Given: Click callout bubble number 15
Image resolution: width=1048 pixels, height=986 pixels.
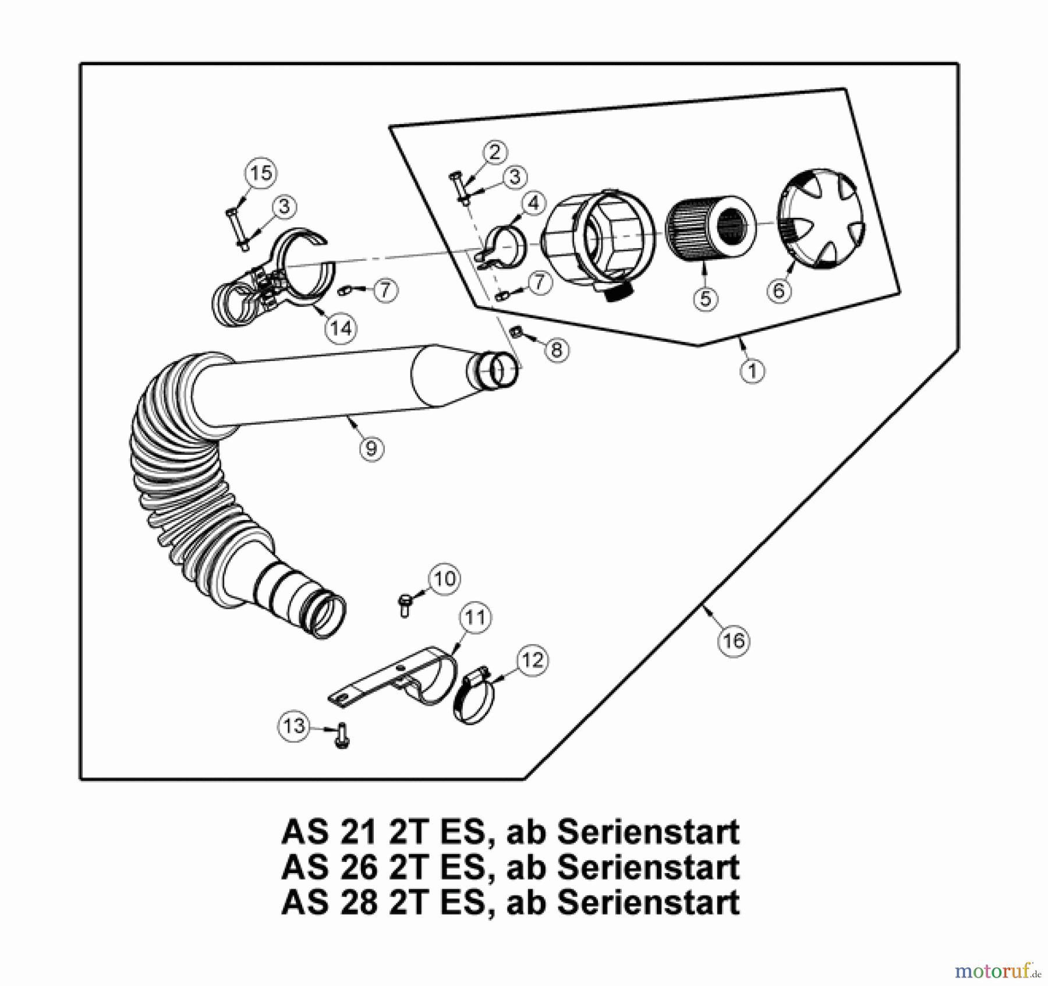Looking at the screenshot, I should [260, 173].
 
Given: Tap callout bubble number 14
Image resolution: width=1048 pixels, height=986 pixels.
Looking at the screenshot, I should [341, 328].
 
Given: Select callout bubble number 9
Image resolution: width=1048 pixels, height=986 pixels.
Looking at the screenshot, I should [371, 448].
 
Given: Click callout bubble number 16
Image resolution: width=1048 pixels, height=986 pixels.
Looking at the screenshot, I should [733, 641].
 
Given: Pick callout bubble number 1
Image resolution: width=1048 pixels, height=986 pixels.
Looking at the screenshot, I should [752, 371].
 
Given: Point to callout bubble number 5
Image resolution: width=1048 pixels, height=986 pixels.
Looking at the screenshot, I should [705, 299].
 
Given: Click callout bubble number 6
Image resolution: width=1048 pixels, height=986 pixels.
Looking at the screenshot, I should [779, 289].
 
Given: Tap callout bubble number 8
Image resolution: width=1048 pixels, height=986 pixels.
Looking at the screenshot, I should [557, 350].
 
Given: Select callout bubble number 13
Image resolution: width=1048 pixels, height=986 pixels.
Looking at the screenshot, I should [293, 726].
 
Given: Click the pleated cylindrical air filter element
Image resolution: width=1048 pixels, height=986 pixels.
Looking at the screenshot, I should [709, 228].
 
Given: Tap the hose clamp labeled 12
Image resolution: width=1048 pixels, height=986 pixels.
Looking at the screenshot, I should [475, 696].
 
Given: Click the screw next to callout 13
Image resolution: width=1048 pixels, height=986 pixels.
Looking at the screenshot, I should [342, 736].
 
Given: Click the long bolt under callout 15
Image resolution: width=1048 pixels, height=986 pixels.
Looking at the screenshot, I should [237, 228].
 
